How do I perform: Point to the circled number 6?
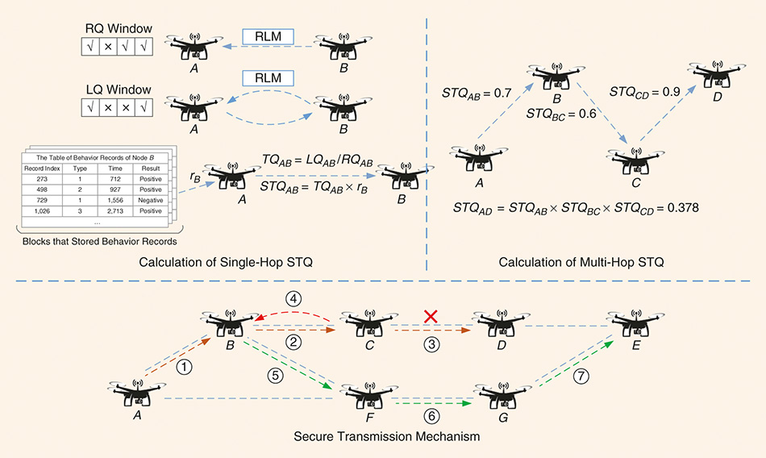[431, 417]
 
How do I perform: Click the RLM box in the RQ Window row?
[268, 36]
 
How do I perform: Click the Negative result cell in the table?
[149, 200]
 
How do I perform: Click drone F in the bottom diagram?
[370, 394]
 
